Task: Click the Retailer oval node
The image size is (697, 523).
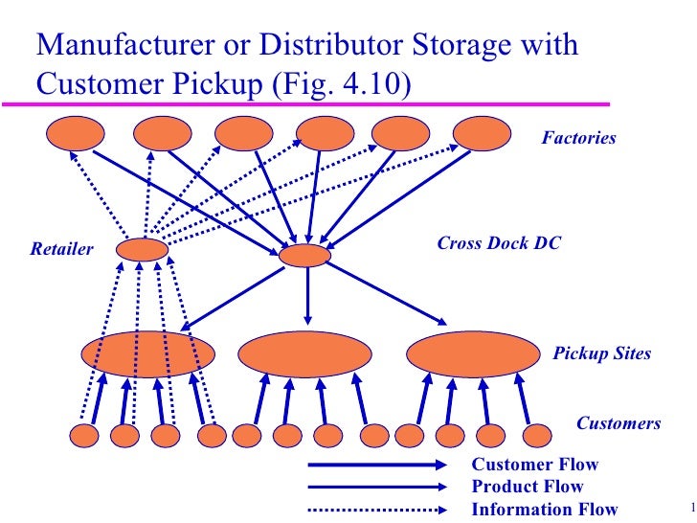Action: click(142, 250)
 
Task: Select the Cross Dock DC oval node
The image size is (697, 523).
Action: click(304, 256)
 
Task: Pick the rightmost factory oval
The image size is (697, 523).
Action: click(482, 134)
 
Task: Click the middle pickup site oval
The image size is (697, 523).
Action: click(304, 354)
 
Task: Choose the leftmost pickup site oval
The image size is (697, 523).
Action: click(147, 353)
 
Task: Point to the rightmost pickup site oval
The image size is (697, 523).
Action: click(475, 354)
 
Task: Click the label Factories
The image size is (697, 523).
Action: click(578, 139)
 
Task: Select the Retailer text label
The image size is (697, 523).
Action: click(61, 250)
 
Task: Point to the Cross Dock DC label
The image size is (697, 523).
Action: click(498, 244)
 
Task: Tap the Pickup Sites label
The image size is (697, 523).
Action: click(602, 353)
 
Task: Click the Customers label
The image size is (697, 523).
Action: click(618, 423)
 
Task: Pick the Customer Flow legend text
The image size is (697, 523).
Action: click(534, 466)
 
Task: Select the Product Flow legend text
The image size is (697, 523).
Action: click(528, 487)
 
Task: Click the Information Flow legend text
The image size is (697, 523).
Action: click(544, 509)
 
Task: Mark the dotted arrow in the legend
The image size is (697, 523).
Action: click(377, 509)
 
